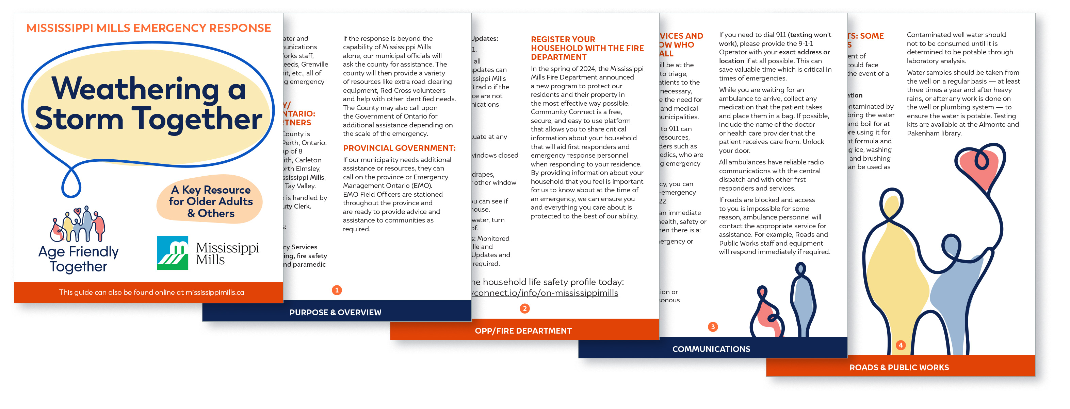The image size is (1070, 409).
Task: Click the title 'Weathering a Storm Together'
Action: tap(148, 104)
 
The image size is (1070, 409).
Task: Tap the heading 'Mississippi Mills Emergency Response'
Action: tap(148, 28)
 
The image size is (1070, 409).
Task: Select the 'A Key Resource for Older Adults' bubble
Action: tap(210, 201)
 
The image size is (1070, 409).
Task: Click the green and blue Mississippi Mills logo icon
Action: tap(173, 253)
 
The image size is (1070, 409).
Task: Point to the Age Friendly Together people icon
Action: tap(78, 224)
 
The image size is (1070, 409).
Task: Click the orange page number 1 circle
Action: tap(337, 290)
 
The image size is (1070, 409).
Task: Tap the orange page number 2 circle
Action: tap(524, 308)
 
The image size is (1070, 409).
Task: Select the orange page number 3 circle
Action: tap(713, 326)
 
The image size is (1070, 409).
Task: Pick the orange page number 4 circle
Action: tap(901, 345)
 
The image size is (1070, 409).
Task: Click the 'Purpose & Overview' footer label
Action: tap(335, 312)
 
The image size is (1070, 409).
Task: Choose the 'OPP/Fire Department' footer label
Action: tap(523, 331)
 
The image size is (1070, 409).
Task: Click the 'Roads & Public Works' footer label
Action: tap(899, 367)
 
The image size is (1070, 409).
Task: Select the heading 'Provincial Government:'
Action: tap(399, 148)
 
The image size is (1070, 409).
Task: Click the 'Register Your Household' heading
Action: tap(587, 48)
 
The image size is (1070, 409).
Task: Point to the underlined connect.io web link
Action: tap(545, 293)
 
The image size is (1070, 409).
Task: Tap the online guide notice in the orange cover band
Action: tap(151, 292)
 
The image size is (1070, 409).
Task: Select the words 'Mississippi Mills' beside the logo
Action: tap(227, 253)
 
